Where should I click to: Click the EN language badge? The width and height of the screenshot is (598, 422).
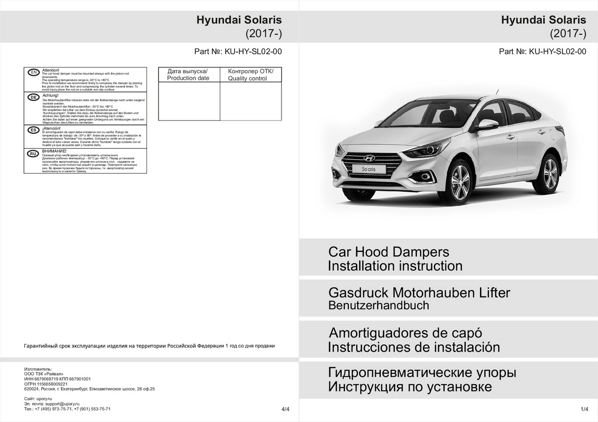click(33, 73)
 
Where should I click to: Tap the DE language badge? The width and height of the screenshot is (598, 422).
click(33, 97)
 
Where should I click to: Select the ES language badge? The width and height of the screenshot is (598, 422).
click(33, 129)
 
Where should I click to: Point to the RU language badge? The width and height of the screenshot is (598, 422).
click(33, 154)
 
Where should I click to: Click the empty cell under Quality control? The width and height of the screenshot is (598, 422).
click(251, 102)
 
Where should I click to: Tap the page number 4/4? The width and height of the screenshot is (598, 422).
click(285, 410)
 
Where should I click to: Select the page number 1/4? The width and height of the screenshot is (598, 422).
click(585, 410)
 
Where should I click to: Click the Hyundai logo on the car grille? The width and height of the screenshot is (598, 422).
click(369, 158)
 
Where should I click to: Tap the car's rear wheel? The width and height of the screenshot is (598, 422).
click(550, 173)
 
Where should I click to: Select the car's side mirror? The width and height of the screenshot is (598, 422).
click(487, 124)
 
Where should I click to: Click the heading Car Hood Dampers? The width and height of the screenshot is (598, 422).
click(388, 251)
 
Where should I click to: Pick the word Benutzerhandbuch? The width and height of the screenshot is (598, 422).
click(378, 306)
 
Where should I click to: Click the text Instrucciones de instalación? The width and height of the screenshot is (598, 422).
click(414, 347)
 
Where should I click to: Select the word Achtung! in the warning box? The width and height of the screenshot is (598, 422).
click(51, 95)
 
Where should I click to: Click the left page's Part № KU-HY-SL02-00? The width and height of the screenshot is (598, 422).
click(239, 51)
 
